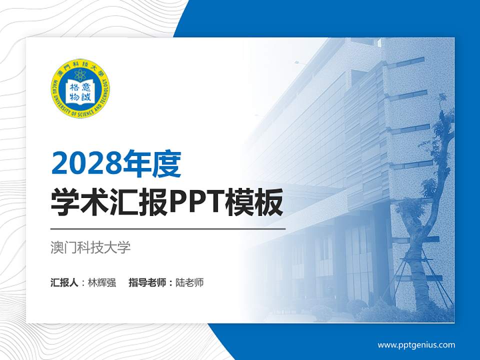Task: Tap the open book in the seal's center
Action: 81,91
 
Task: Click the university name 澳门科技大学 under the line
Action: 90,247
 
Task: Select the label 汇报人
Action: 64,282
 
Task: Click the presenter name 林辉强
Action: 101,282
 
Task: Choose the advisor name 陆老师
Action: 189,282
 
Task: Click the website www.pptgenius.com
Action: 416,345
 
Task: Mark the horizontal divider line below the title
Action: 168,228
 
